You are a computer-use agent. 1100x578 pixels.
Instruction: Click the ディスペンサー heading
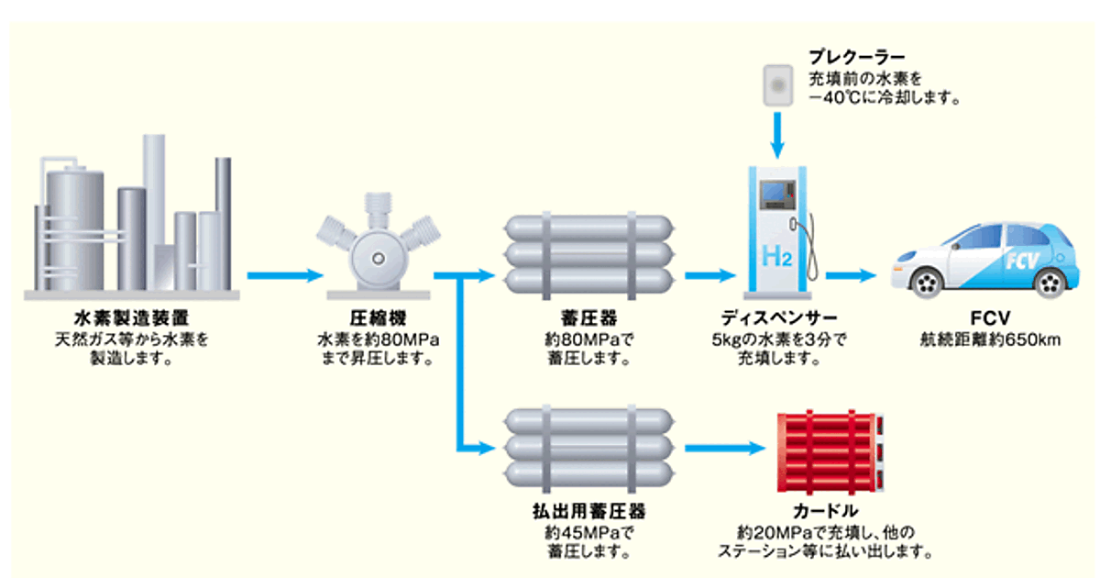tap(778, 320)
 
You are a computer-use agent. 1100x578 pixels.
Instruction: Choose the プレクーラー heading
tap(856, 57)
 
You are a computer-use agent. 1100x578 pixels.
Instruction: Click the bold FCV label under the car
tap(991, 320)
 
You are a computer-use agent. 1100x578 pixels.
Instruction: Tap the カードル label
tap(829, 510)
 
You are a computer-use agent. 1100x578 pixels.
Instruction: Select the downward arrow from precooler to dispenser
tap(777, 133)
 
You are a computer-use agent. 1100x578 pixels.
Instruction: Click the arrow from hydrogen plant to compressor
tap(285, 274)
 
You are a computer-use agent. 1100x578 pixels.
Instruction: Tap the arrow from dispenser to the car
tap(852, 274)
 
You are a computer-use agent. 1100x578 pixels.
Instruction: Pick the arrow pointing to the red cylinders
tap(724, 449)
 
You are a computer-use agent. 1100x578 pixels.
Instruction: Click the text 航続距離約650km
tap(991, 339)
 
